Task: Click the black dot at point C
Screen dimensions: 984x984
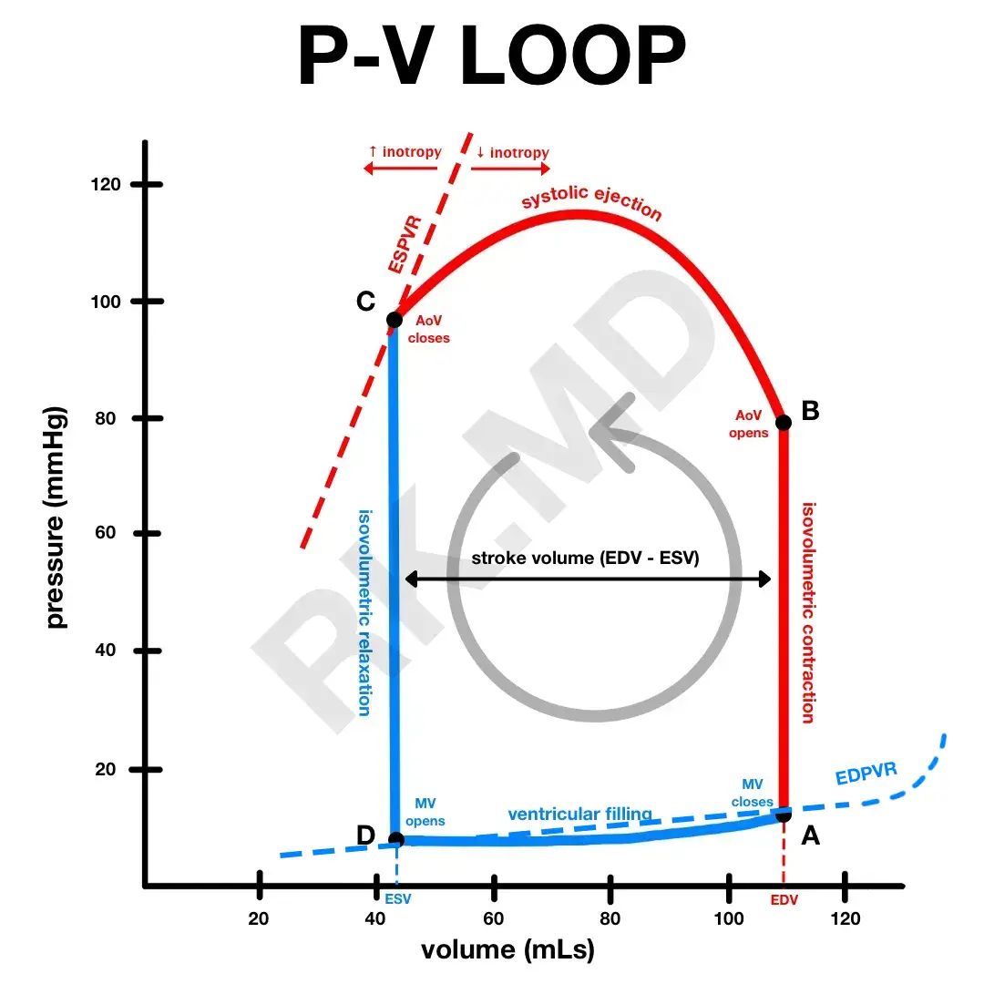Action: tap(395, 320)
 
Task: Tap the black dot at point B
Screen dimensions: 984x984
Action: tap(783, 422)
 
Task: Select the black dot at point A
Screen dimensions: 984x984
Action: tap(783, 815)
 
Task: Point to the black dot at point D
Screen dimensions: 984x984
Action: tap(395, 839)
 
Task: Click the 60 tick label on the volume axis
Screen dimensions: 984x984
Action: tap(493, 918)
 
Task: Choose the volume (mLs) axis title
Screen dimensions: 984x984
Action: tap(507, 950)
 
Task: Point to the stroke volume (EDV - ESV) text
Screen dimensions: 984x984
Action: tap(586, 558)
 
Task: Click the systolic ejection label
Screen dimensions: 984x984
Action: tap(591, 206)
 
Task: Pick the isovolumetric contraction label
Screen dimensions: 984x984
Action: tap(807, 611)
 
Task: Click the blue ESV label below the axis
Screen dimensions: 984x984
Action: tap(397, 898)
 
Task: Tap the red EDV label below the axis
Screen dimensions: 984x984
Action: tap(784, 899)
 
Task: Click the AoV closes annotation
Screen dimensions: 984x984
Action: tap(433, 329)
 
